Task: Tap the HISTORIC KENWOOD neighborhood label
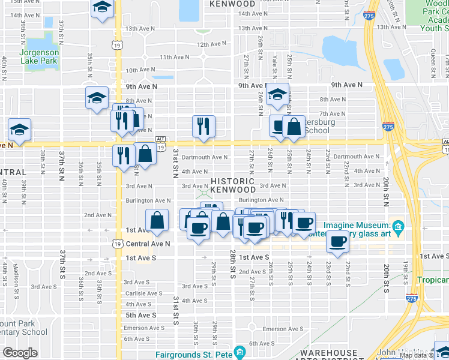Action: tap(232, 185)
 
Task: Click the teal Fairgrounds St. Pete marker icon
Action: tap(240, 350)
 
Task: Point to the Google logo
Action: tap(20, 353)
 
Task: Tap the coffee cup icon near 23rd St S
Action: tap(338, 242)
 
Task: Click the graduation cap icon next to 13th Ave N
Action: tap(103, 8)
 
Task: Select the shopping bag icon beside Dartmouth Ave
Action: tap(146, 154)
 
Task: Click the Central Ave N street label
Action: tap(148, 244)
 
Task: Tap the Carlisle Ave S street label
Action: tap(143, 293)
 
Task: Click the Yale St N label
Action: tap(274, 63)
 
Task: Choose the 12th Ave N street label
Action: tap(211, 44)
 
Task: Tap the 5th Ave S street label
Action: tap(140, 315)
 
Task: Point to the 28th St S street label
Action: tap(232, 265)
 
